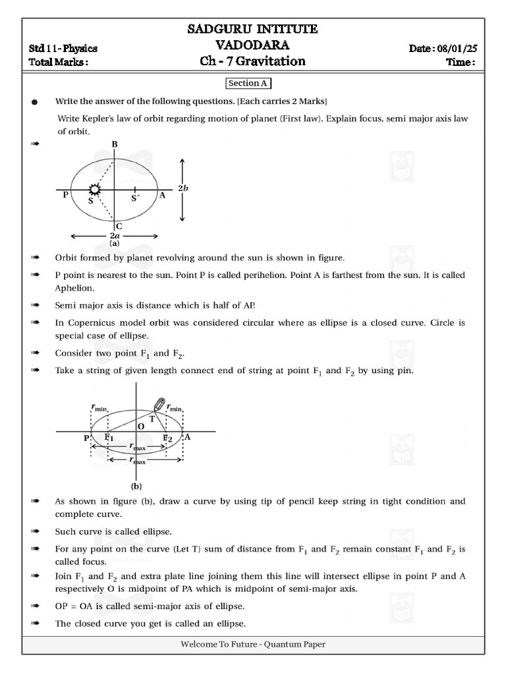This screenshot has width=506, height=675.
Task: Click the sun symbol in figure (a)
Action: pyautogui.click(x=96, y=190)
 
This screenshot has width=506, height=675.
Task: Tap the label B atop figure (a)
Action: pyautogui.click(x=115, y=144)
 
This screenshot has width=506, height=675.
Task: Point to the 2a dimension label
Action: pyautogui.click(x=114, y=235)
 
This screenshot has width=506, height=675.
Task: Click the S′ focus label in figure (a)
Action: pyautogui.click(x=135, y=197)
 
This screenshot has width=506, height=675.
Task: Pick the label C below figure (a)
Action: pyautogui.click(x=119, y=225)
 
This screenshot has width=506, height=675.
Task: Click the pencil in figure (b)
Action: pyautogui.click(x=159, y=404)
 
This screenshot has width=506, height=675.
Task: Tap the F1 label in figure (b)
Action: pyautogui.click(x=109, y=438)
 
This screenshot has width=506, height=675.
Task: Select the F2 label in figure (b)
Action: pyautogui.click(x=167, y=438)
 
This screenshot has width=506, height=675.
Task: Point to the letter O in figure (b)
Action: pyautogui.click(x=140, y=427)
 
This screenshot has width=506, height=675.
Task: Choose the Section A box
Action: pyautogui.click(x=249, y=84)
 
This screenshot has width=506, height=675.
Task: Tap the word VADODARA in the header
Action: pyautogui.click(x=253, y=45)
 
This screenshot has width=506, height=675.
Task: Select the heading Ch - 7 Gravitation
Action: pyautogui.click(x=253, y=61)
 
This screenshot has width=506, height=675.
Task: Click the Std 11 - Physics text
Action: pyautogui.click(x=63, y=49)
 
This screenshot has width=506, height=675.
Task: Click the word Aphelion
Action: pyautogui.click(x=74, y=288)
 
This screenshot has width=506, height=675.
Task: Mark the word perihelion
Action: pyautogui.click(x=219, y=275)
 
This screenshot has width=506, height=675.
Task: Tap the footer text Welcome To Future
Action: pyautogui.click(x=219, y=645)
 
